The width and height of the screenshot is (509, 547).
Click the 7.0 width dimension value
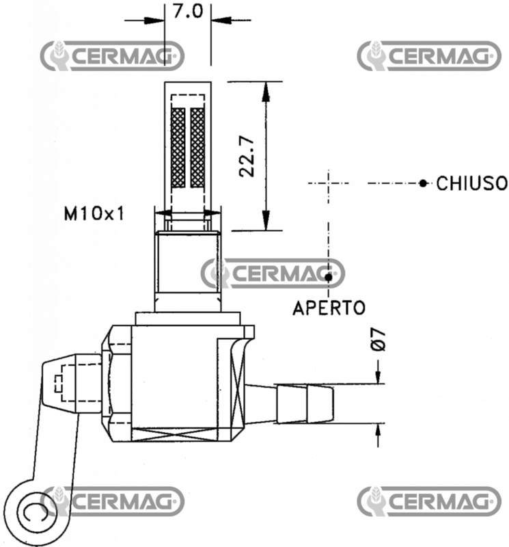(187, 13)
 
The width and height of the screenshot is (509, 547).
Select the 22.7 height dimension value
(247, 156)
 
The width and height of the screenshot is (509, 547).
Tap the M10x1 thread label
(95, 215)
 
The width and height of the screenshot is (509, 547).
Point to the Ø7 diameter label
(379, 339)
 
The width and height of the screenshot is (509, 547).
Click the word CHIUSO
(471, 183)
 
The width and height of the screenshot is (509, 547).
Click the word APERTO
(329, 308)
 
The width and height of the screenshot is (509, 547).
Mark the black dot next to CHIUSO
(424, 183)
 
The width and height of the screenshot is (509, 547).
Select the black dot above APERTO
(329, 277)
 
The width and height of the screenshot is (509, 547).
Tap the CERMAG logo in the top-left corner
(112, 55)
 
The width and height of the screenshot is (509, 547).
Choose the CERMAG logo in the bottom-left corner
(112, 501)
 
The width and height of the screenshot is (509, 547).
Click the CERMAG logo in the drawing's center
(273, 273)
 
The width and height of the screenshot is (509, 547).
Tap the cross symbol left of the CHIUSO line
(329, 183)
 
